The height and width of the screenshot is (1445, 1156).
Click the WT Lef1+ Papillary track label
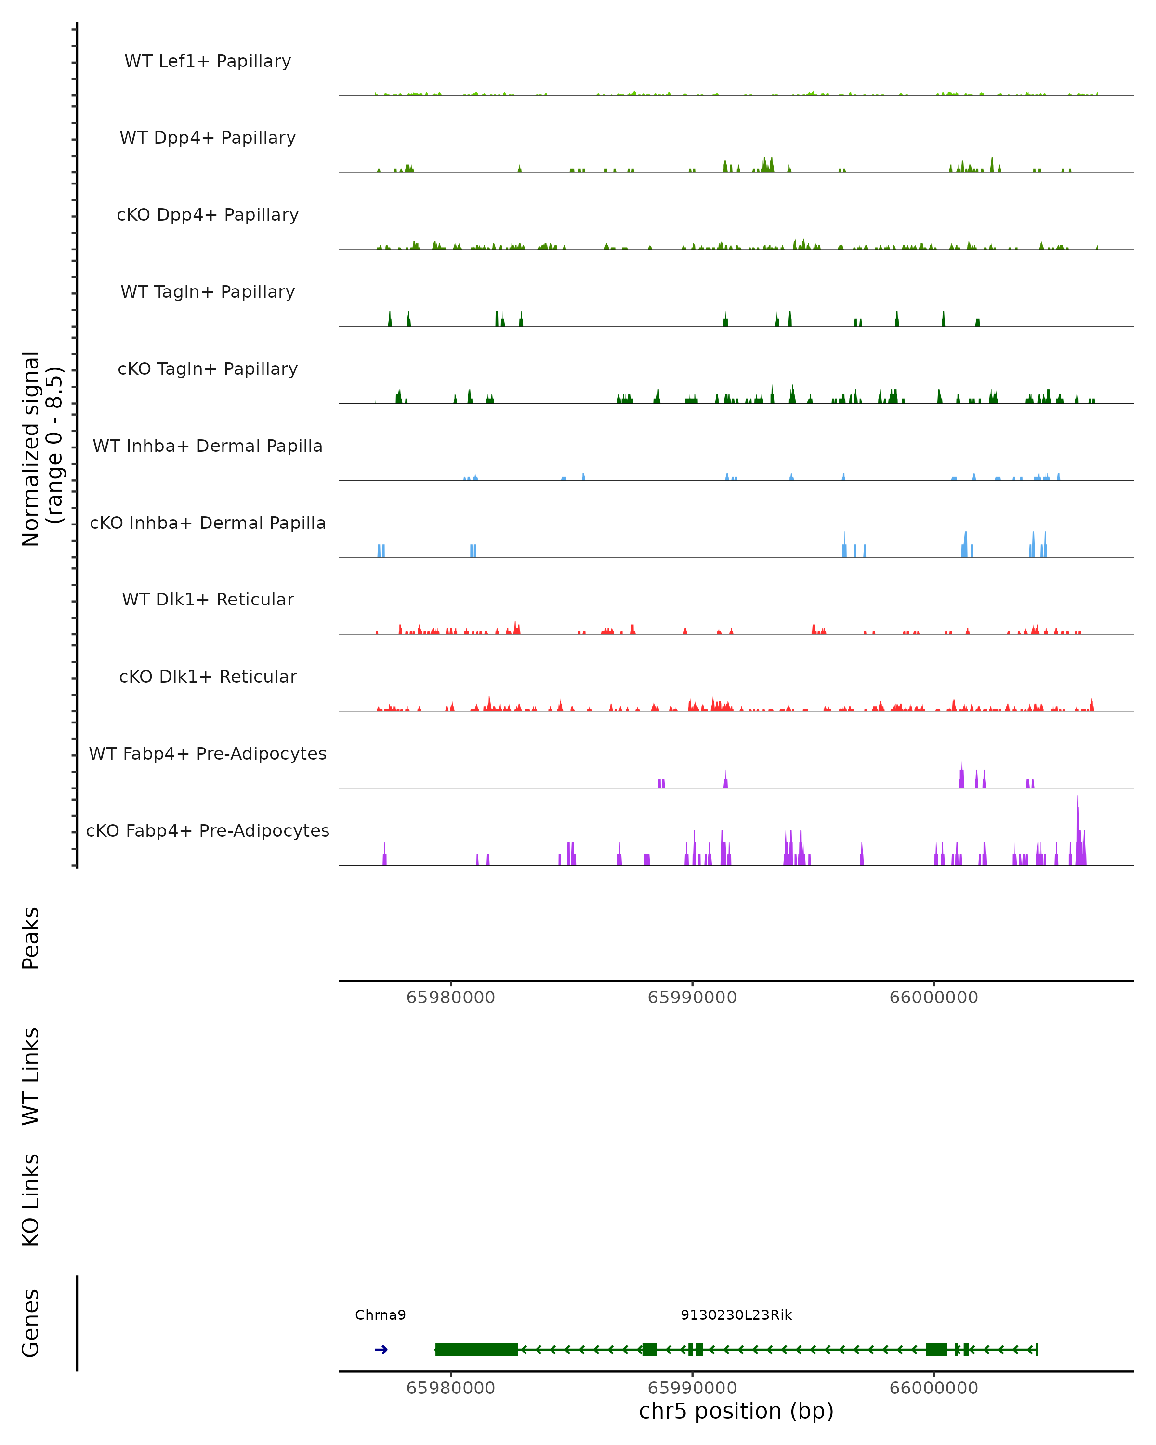(x=208, y=61)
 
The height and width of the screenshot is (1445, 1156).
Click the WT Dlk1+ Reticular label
(x=208, y=599)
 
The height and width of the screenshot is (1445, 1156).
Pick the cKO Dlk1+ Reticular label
(x=208, y=676)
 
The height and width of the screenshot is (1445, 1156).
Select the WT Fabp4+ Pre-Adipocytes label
(x=208, y=753)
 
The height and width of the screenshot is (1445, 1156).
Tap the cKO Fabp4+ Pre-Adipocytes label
(x=208, y=830)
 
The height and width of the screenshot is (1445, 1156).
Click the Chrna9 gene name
(x=380, y=1315)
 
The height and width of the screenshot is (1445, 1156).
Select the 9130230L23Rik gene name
(x=736, y=1315)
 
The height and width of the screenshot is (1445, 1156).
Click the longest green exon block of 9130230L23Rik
(x=476, y=1350)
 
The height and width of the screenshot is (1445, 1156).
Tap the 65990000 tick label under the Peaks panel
(x=692, y=998)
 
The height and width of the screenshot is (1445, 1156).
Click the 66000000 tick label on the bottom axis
(x=933, y=1388)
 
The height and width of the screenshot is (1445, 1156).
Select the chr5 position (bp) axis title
(x=736, y=1411)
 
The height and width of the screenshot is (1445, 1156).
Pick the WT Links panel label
(x=31, y=1077)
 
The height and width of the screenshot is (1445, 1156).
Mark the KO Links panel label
(x=31, y=1200)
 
